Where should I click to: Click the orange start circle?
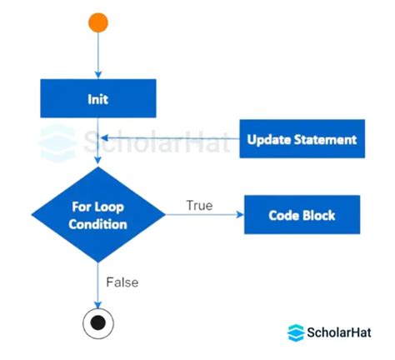pos(98,22)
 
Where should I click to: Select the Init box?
pos(98,99)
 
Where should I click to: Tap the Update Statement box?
pos(302,139)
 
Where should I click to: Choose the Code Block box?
pos(302,215)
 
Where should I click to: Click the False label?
pos(122,282)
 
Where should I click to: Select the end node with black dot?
pos(98,322)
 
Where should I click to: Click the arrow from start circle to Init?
pos(98,57)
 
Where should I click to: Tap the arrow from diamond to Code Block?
pos(204,216)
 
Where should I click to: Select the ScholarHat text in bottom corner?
pos(338,332)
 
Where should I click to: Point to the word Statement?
pos(325,139)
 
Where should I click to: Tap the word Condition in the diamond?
pos(98,225)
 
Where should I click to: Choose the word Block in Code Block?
pos(319,215)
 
